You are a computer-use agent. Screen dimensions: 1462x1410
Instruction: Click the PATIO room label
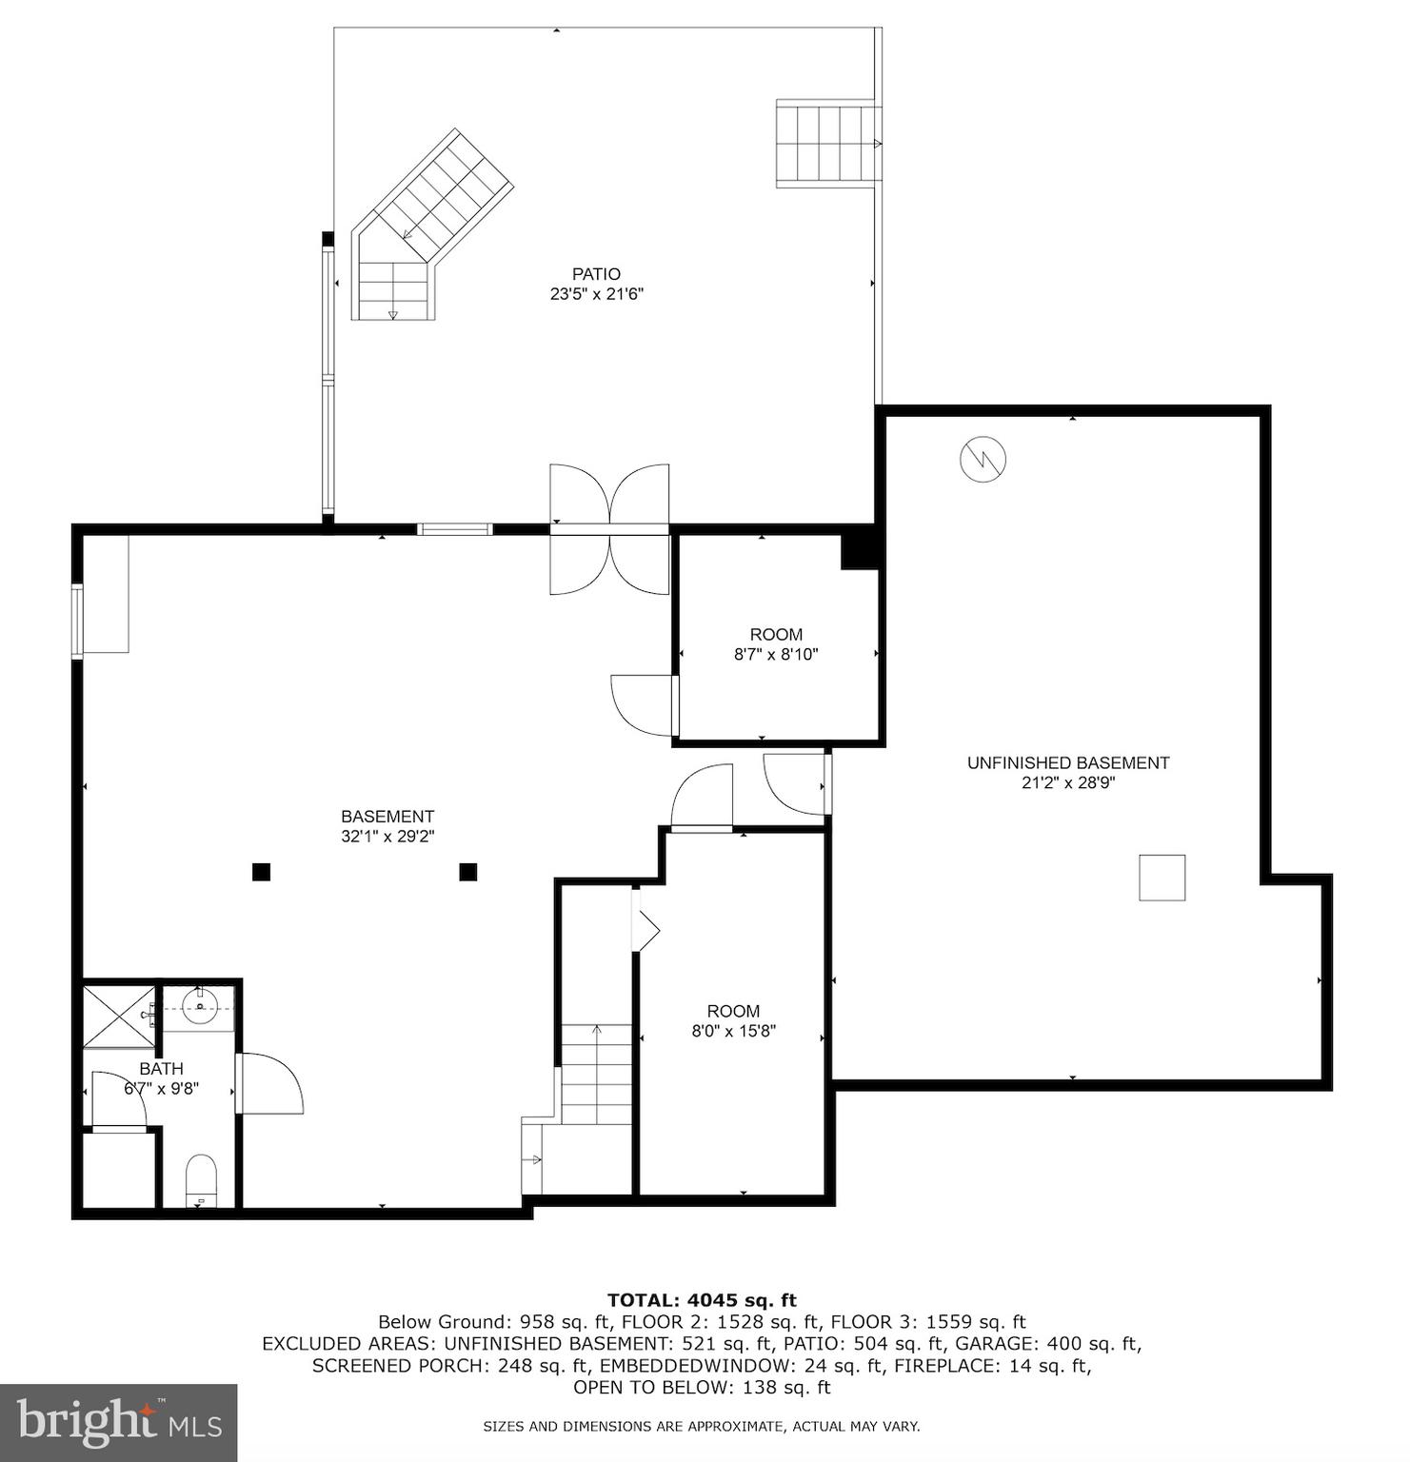[596, 274]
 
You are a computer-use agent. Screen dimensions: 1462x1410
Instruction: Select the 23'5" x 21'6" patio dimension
[596, 295]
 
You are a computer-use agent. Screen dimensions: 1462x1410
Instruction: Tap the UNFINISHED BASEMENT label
[1067, 762]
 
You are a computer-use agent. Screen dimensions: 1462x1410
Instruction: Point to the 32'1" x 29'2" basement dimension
[387, 837]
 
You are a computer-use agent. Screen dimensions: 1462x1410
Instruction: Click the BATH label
[161, 1068]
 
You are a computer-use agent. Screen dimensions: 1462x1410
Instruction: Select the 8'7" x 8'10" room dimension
[776, 655]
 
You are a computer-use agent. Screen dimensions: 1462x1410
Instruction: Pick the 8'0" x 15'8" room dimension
[733, 1031]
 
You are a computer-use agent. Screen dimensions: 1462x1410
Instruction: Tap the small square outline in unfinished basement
[1162, 878]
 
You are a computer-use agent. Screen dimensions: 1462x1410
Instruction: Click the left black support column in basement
[261, 872]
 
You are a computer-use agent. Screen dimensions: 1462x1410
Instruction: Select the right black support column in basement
[467, 872]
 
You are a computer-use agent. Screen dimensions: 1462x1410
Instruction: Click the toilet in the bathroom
[201, 1180]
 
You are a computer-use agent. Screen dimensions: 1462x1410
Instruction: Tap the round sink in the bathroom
[200, 1007]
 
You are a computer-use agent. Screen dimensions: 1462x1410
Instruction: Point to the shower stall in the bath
[119, 1016]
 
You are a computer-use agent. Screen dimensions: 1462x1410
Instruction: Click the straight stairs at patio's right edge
[826, 144]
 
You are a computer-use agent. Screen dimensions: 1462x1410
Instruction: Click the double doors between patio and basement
[609, 530]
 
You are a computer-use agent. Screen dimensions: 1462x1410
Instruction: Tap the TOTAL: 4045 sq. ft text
[702, 1300]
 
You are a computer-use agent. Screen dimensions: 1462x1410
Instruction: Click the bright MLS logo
[118, 1423]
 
